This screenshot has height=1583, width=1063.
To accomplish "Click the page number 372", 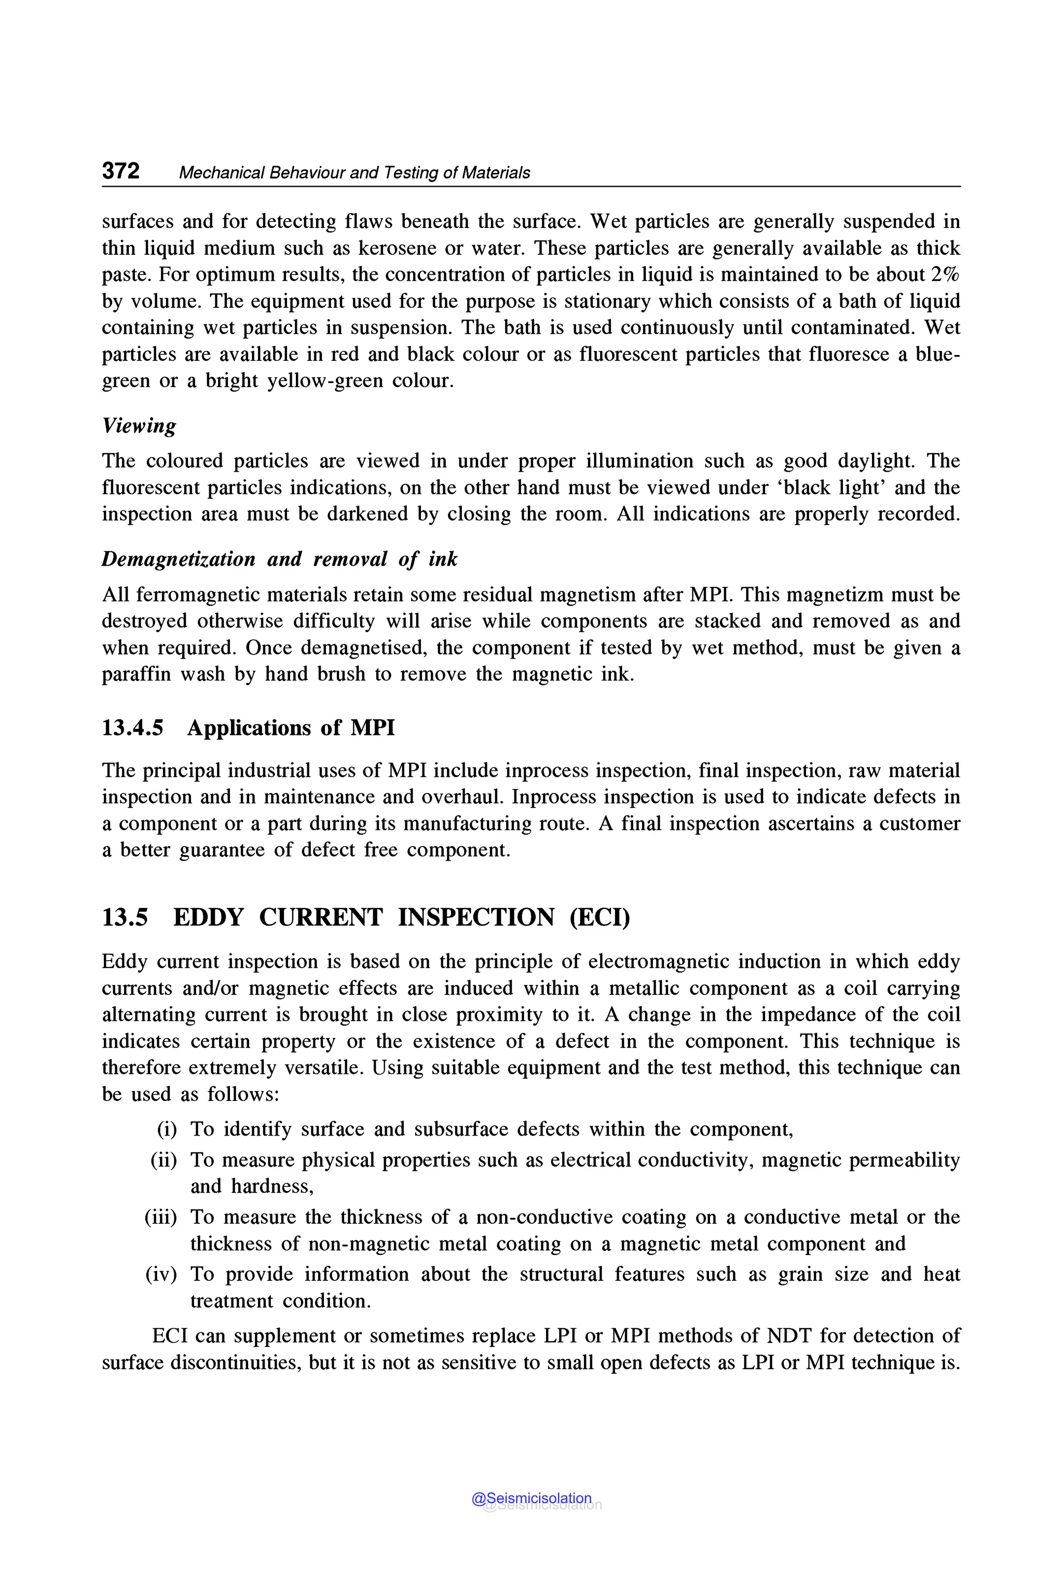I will click(x=120, y=171).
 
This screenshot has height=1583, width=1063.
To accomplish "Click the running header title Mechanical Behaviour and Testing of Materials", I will click(x=354, y=173).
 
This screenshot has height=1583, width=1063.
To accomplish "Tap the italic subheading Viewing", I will click(x=139, y=426).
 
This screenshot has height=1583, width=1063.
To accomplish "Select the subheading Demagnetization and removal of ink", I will click(x=279, y=559).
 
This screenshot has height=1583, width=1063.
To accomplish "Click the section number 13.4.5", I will click(x=133, y=728).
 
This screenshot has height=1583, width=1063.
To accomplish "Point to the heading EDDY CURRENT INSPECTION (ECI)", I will click(x=401, y=917).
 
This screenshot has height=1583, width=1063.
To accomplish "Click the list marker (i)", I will click(x=167, y=1129).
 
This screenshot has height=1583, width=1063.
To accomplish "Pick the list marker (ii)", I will click(x=163, y=1160).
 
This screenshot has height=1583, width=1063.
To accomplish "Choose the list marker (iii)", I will click(x=161, y=1217).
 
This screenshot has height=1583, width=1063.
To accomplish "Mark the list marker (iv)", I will click(x=161, y=1274).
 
